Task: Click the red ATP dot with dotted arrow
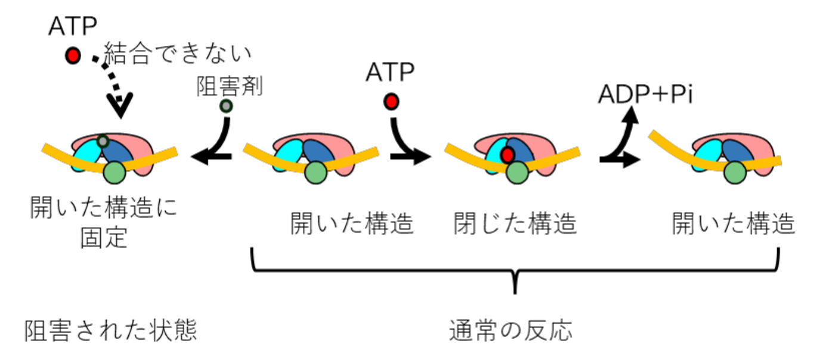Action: pyautogui.click(x=73, y=56)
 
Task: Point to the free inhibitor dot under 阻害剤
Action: pyautogui.click(x=226, y=107)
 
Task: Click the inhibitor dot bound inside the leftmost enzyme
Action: pyautogui.click(x=103, y=141)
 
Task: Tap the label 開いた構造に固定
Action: pyautogui.click(x=104, y=224)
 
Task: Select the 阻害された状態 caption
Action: pyautogui.click(x=111, y=331)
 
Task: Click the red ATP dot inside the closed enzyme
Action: pyautogui.click(x=508, y=155)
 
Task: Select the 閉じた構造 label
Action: pyautogui.click(x=515, y=224)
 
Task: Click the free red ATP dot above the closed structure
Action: pyautogui.click(x=391, y=102)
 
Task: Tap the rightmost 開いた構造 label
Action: pyautogui.click(x=734, y=224)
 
